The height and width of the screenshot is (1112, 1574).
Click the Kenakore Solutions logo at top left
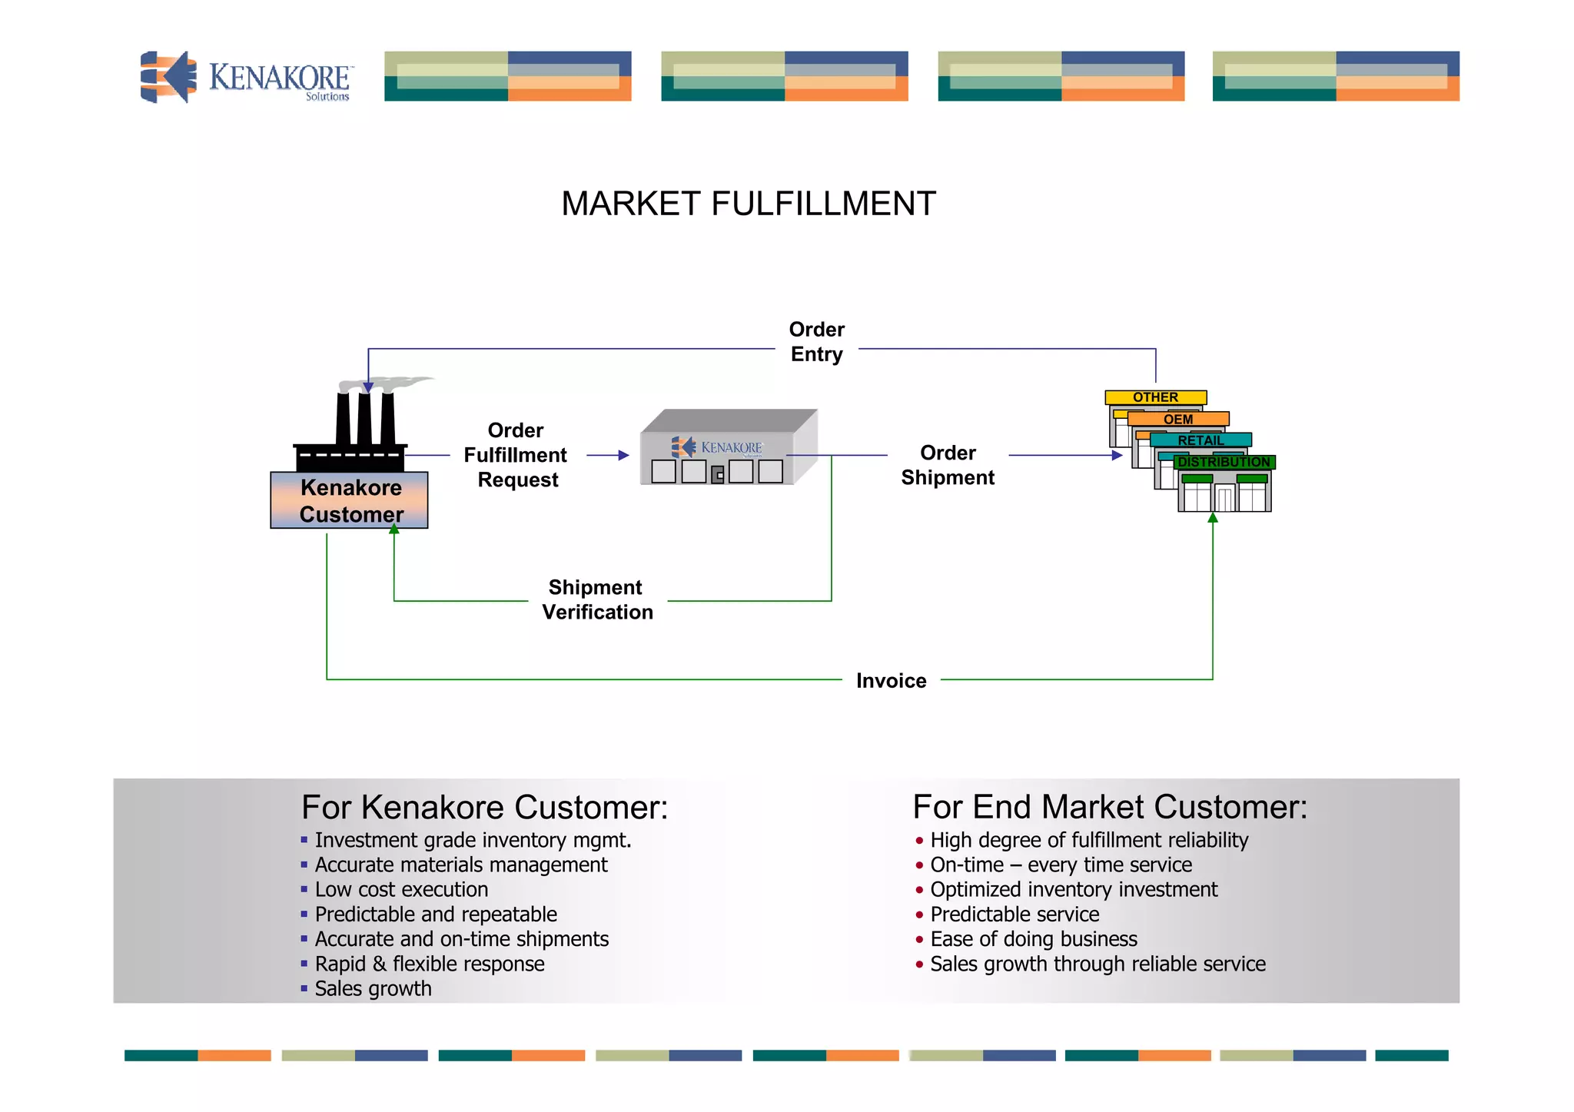pos(246,77)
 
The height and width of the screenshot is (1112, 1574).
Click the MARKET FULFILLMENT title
pos(748,204)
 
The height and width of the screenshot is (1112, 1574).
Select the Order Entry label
pos(816,342)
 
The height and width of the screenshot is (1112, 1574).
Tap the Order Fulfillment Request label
pos(516,455)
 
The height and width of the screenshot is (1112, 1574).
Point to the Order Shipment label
pos(948,465)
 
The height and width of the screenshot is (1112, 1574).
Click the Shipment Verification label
pos(597,599)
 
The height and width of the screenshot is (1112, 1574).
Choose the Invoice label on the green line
pos(891,681)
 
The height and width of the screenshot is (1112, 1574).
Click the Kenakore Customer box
pos(350,500)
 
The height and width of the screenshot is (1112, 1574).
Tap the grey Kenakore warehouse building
pos(727,448)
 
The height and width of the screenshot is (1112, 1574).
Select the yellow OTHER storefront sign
pos(1155,397)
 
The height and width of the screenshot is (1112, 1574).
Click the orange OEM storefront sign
pos(1178,419)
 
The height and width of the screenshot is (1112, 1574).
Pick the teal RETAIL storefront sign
pos(1200,440)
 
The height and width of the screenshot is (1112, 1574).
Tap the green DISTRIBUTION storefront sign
pos(1224,462)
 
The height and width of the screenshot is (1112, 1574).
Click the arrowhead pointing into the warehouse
pos(624,456)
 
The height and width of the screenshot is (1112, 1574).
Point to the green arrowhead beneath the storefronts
pos(1213,518)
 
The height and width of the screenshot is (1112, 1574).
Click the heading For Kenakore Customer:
pos(484,808)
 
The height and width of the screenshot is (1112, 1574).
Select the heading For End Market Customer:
pos(1109,808)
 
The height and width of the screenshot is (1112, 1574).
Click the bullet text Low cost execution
pos(401,890)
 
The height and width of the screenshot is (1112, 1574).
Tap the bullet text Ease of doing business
pos(1033,939)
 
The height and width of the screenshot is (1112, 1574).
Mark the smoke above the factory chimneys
pos(392,383)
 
